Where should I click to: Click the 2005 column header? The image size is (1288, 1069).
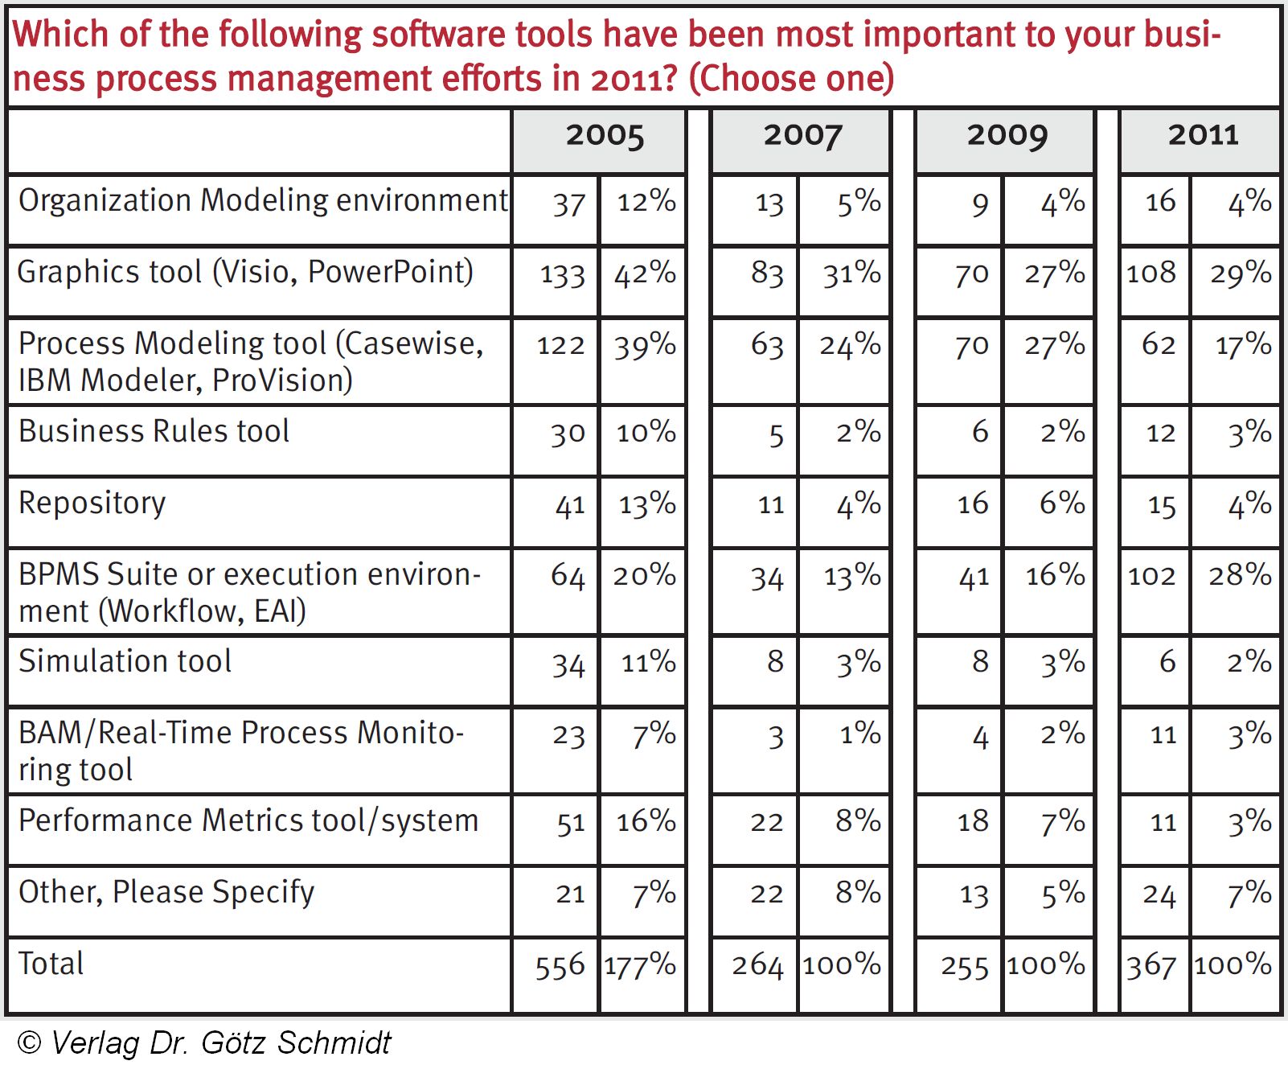tap(605, 135)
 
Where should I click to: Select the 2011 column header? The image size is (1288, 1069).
tap(1203, 134)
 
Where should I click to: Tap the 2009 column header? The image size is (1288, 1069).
tap(1007, 135)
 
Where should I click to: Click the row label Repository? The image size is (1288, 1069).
tap(92, 503)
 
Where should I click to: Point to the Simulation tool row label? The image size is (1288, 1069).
tap(125, 661)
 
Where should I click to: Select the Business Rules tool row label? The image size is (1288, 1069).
tap(154, 431)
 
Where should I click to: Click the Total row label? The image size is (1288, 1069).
tap(51, 963)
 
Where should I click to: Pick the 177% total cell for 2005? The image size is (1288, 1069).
tap(640, 965)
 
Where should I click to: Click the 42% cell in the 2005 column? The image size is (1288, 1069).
tap(645, 273)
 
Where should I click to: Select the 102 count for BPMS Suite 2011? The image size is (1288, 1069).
tap(1151, 576)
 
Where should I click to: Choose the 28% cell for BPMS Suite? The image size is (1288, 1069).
tap(1240, 575)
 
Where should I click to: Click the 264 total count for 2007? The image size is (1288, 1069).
tap(757, 965)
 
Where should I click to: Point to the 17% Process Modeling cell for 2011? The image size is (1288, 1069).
tap(1243, 345)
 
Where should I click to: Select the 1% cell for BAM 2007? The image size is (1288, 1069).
tap(860, 734)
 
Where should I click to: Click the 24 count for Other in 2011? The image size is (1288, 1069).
tap(1159, 894)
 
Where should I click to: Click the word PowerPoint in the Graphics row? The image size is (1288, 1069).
tap(390, 272)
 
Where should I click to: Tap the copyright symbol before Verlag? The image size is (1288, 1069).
tap(29, 1042)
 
